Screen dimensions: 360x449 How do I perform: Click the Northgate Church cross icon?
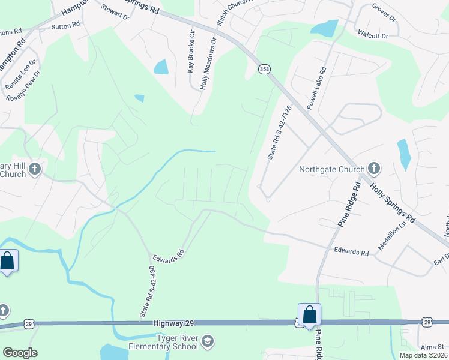(374, 169)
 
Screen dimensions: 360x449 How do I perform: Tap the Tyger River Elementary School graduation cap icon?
(207, 341)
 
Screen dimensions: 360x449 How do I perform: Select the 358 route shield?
(264, 70)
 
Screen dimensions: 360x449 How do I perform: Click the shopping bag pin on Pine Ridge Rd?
(309, 314)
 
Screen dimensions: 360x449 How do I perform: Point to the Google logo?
(20, 353)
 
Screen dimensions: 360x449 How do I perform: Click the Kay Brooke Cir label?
(192, 52)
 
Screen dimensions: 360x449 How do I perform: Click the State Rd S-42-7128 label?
(279, 133)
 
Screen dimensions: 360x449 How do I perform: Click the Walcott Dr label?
(373, 36)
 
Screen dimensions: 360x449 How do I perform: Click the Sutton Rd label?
(65, 25)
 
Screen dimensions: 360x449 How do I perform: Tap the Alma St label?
(432, 347)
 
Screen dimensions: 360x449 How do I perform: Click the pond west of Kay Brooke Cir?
(161, 67)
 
